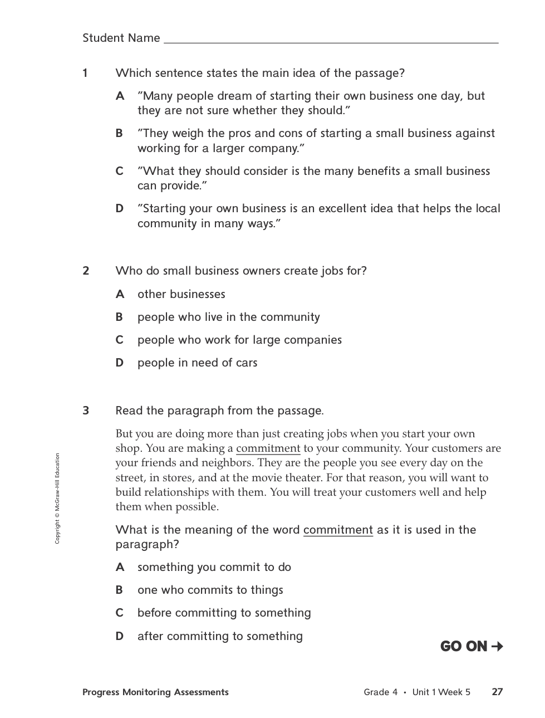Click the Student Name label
(121, 38)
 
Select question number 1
(85, 73)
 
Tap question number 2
(86, 271)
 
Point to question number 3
(86, 411)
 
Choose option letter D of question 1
(119, 208)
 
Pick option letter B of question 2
(119, 317)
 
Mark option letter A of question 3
(120, 567)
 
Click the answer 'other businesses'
(181, 294)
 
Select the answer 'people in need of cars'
(197, 363)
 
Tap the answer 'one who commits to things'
(210, 590)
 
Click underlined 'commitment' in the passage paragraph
(268, 448)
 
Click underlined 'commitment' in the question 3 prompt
(338, 530)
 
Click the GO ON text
(463, 646)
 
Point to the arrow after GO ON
(497, 646)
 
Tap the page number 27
(497, 692)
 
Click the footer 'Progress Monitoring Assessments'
(155, 692)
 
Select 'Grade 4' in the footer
(380, 692)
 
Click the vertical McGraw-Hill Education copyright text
(57, 499)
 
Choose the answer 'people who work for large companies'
(239, 340)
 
